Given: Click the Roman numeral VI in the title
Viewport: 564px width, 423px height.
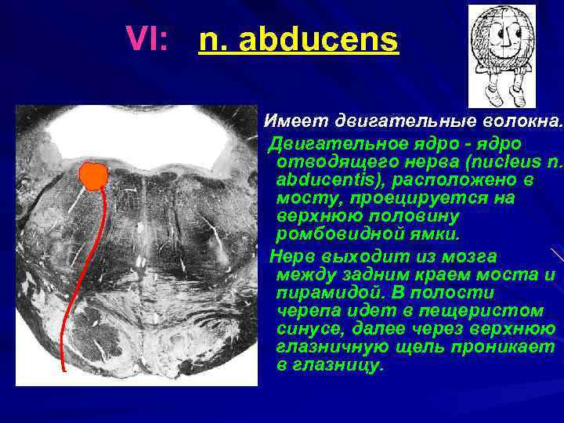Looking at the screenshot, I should [x=147, y=37].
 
